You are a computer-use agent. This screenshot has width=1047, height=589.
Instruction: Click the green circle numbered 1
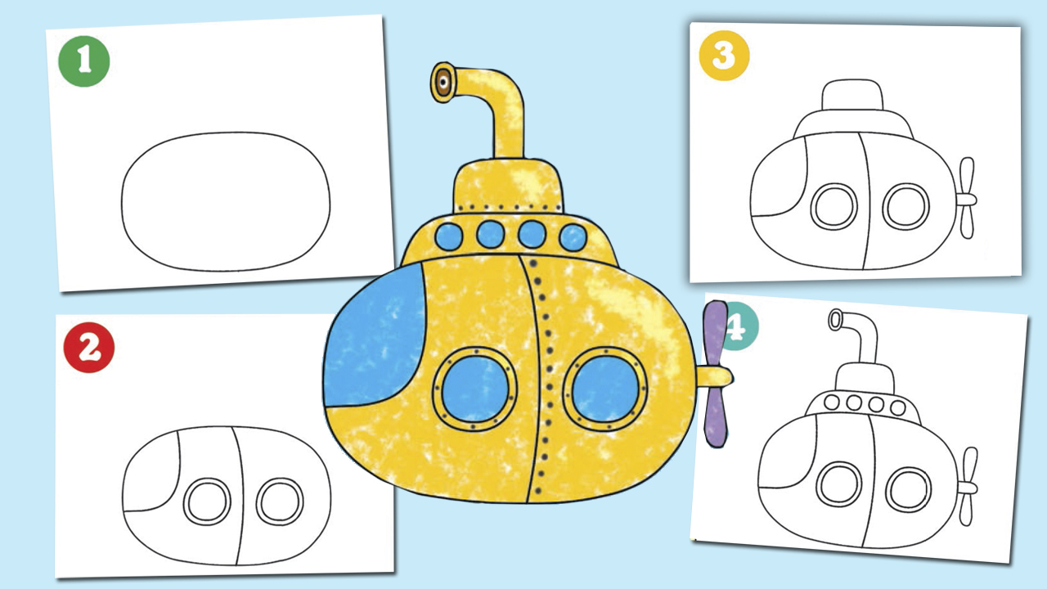tap(84, 61)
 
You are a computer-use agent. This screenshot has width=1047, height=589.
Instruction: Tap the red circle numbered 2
tap(89, 348)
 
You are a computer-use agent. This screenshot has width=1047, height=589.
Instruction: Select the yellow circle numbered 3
tap(724, 56)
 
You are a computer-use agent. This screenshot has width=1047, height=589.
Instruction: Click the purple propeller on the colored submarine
tap(714, 374)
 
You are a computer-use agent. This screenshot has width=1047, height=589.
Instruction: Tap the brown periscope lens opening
tap(443, 83)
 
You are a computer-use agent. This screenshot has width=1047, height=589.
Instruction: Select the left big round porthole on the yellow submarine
tap(474, 389)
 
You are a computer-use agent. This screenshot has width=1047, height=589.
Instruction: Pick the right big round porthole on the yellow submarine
tap(604, 389)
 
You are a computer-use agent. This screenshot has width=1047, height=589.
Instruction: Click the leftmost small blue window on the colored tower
tap(449, 236)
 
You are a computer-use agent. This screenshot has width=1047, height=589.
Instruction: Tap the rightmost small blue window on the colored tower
tap(573, 237)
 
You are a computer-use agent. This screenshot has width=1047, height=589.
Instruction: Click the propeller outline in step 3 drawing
tap(966, 198)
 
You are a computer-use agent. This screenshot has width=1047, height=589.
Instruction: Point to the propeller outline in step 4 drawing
tap(967, 487)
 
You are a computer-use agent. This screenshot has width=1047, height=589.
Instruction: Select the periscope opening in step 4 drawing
tap(835, 320)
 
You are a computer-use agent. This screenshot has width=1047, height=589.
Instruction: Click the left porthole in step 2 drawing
tap(207, 501)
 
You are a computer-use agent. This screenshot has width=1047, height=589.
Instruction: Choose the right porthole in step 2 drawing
tap(280, 501)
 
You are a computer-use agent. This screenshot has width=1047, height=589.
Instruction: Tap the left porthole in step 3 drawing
tap(834, 207)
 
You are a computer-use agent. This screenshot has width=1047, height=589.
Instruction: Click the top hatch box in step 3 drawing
tap(852, 95)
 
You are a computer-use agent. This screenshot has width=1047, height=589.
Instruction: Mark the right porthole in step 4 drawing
tap(908, 490)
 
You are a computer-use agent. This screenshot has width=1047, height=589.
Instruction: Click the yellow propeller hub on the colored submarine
tap(715, 377)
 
